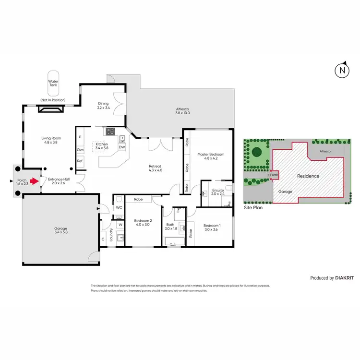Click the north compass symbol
341,70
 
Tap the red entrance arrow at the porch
35,182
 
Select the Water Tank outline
53,85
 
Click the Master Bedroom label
211,154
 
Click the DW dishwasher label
122,147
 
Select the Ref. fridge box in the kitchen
80,161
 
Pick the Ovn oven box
80,150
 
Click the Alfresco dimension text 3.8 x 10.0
182,113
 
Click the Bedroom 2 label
143,221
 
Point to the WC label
119,207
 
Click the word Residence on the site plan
308,176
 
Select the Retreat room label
156,166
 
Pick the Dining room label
103,103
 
